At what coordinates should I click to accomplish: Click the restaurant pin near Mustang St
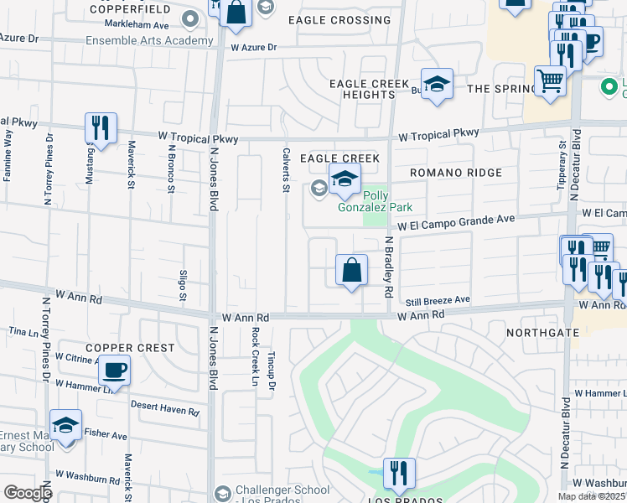point(101,128)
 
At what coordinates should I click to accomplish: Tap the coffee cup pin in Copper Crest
point(114,370)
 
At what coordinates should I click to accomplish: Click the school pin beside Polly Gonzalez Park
point(344,179)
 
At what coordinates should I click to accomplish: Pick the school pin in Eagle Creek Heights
point(436,84)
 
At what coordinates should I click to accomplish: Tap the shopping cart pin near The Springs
point(550,82)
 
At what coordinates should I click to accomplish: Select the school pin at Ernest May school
point(65,427)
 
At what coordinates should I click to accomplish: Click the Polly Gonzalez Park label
point(376,201)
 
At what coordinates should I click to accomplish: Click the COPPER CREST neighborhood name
point(130,348)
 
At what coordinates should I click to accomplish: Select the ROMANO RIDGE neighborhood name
point(456,173)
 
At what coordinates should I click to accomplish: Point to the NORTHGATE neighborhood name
point(543,333)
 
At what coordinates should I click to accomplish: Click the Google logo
point(28,493)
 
